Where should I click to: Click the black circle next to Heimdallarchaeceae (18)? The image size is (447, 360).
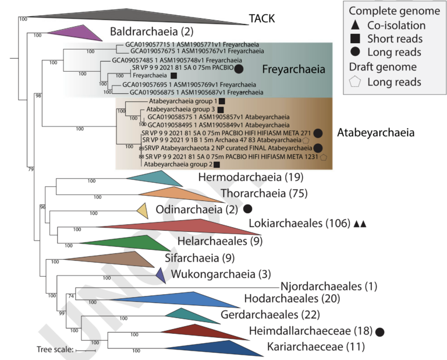tap(380, 332)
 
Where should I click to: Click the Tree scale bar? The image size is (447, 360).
tap(86, 351)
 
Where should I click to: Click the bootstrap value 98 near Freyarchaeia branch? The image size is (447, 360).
tap(39, 94)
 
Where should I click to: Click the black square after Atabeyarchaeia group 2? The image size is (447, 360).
tap(217, 165)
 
